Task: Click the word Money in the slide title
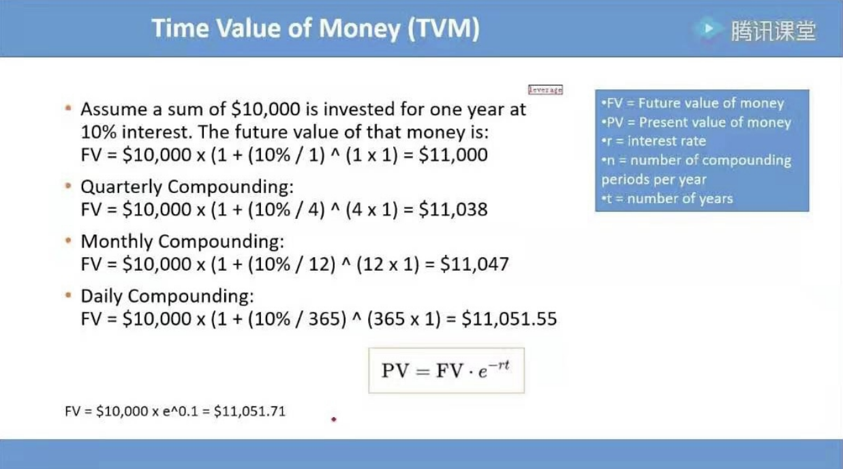(x=358, y=29)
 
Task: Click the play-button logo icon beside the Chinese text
(x=708, y=29)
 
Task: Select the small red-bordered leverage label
(x=545, y=89)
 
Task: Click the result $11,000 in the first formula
(x=453, y=155)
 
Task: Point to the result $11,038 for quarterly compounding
(x=453, y=209)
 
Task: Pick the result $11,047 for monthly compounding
(x=474, y=264)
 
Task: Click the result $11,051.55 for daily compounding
(x=509, y=319)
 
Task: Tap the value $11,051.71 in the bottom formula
(x=249, y=411)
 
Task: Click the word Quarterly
(x=121, y=187)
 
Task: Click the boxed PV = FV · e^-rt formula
(x=446, y=370)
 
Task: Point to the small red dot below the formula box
(x=334, y=419)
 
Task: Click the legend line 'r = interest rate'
(x=654, y=141)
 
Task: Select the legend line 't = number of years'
(x=667, y=198)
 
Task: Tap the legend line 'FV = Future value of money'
(x=692, y=103)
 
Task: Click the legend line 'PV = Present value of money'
(x=696, y=122)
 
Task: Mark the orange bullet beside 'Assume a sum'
(x=68, y=108)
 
